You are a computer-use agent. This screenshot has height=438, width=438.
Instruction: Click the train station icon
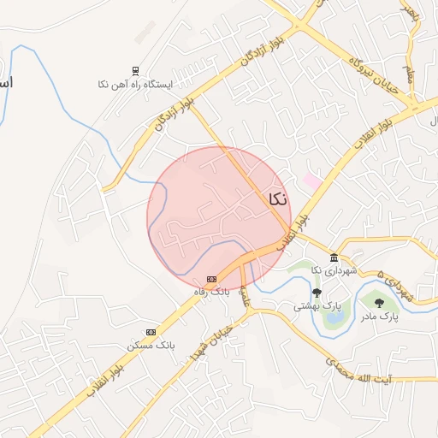pyautogui.click(x=134, y=71)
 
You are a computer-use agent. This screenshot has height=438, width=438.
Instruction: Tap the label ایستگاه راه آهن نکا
pyautogui.click(x=135, y=85)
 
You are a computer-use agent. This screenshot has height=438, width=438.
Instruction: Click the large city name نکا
pyautogui.click(x=277, y=199)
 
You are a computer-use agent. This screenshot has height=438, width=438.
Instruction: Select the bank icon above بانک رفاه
pyautogui.click(x=212, y=279)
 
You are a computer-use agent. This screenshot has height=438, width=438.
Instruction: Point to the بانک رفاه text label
pyautogui.click(x=212, y=292)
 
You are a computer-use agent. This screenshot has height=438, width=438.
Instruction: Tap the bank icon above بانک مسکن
pyautogui.click(x=151, y=332)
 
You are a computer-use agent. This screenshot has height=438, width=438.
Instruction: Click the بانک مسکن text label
pyautogui.click(x=151, y=345)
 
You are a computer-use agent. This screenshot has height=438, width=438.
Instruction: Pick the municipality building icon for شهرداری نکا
pyautogui.click(x=334, y=258)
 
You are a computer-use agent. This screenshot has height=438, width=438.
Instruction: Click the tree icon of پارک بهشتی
pyautogui.click(x=317, y=293)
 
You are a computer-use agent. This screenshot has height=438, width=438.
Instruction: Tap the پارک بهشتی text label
pyautogui.click(x=317, y=305)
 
